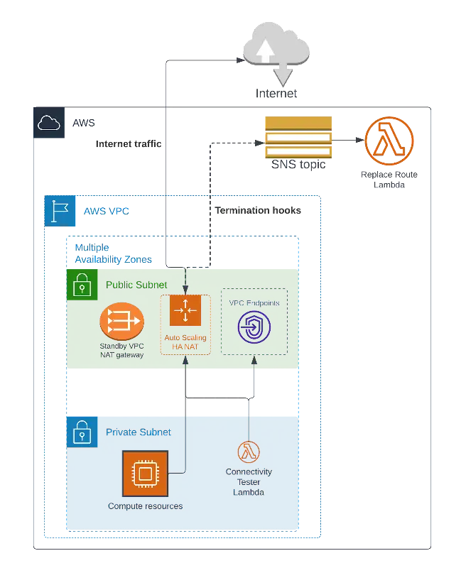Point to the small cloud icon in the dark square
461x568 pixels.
(48, 124)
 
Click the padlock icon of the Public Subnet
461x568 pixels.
(82, 284)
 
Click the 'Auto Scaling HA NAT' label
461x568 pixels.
(185, 342)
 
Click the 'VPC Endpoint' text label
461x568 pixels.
(254, 303)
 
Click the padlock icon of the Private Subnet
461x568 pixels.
(82, 432)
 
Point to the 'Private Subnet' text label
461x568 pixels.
(138, 432)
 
